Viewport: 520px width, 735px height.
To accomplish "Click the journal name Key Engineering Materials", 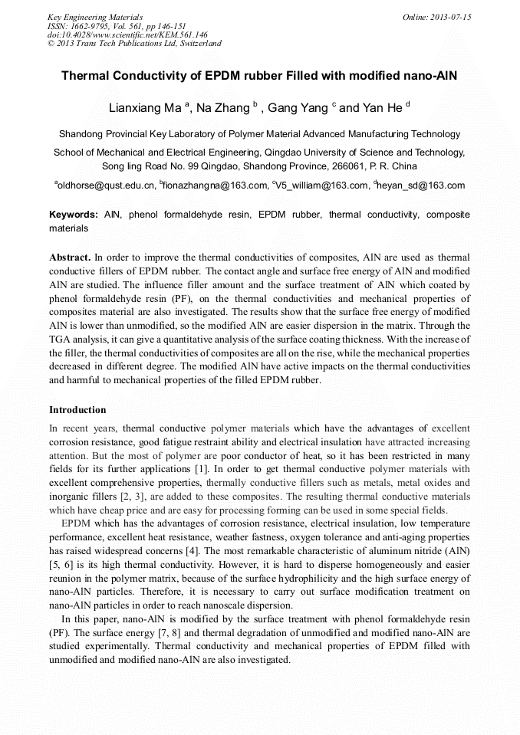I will pos(95,16).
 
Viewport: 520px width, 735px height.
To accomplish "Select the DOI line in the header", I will pos(127,34).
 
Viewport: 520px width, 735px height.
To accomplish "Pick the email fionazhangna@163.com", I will pos(216,185).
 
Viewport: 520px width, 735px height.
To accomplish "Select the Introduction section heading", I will pos(77,410).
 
